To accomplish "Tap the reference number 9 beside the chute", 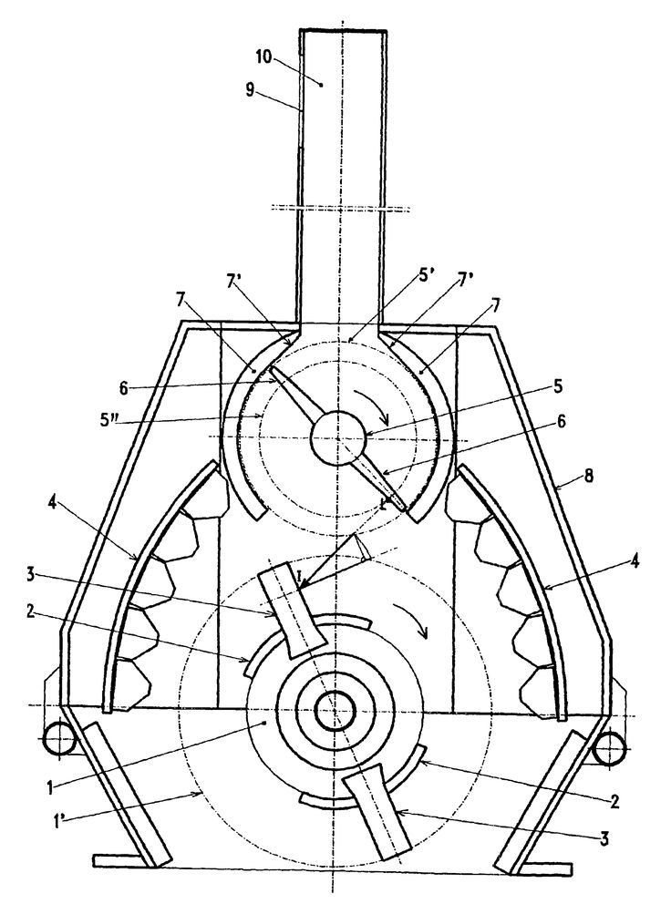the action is (251, 90).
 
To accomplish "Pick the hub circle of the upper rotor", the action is (338, 437).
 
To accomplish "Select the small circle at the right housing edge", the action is (609, 749).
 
